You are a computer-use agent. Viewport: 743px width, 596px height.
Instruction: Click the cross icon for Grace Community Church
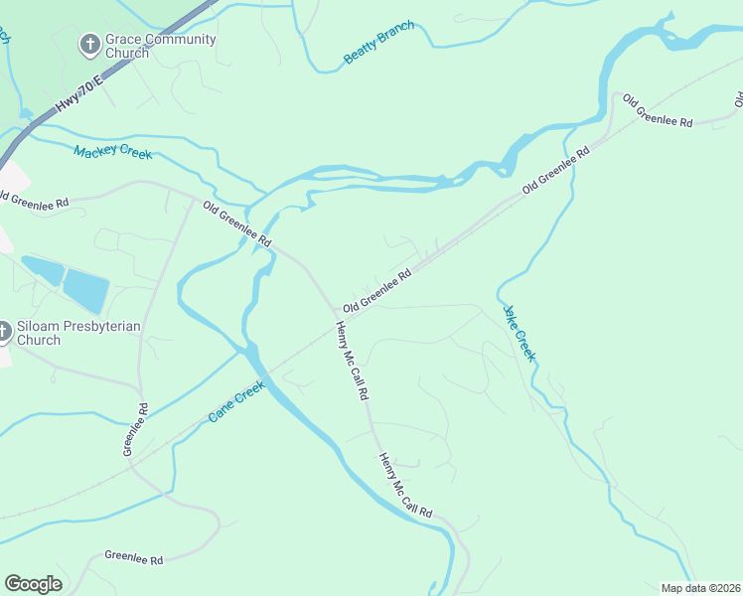tap(89, 44)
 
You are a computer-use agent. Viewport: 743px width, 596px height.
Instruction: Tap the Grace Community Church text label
tap(160, 46)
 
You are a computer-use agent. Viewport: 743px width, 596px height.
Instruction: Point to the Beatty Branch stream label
tap(378, 43)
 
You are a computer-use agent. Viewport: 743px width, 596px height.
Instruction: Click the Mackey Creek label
tap(113, 152)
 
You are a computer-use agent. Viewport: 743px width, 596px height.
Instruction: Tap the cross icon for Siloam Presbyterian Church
tap(3, 332)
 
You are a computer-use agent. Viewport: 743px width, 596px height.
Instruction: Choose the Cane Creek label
tap(236, 401)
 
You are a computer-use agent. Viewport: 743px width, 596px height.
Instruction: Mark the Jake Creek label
tap(520, 332)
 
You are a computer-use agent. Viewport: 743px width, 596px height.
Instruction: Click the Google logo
tap(33, 584)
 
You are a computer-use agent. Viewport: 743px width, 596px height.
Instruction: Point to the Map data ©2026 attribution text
tap(700, 587)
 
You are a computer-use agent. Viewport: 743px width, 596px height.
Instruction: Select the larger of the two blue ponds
tap(86, 291)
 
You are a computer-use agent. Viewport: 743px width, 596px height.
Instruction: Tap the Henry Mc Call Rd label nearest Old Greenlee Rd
tap(352, 361)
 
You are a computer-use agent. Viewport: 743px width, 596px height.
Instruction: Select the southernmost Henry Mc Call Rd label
tap(405, 485)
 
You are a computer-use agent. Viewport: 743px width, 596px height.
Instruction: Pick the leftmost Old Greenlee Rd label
tap(35, 202)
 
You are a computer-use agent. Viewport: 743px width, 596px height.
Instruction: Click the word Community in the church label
tap(179, 39)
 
